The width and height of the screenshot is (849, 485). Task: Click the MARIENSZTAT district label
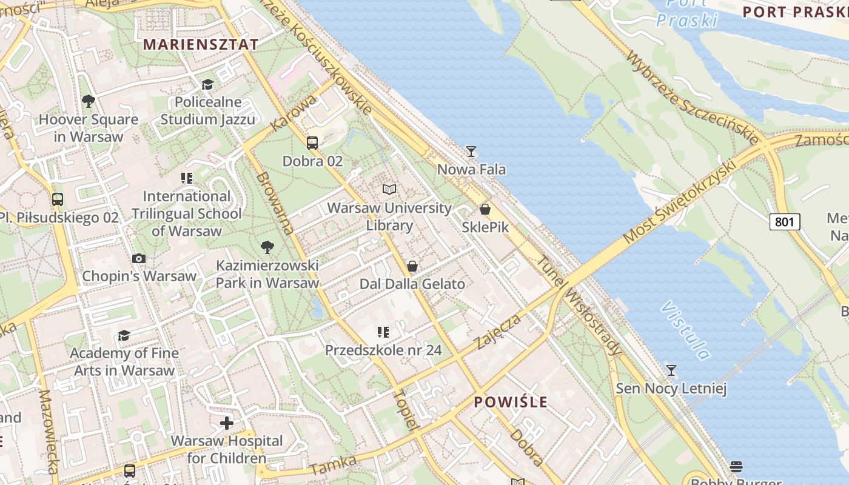(x=201, y=44)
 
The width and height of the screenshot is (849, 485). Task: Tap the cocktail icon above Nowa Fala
(x=471, y=151)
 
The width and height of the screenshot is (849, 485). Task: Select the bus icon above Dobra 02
(x=312, y=143)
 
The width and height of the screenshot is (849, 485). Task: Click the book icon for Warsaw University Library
(x=389, y=189)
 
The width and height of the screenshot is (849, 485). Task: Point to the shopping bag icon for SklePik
(x=485, y=209)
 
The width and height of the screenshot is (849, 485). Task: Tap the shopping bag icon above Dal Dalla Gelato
(x=412, y=266)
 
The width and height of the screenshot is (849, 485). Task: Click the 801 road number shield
(x=785, y=222)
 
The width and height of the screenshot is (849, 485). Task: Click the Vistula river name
(x=685, y=330)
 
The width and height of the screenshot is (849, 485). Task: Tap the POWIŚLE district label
(x=511, y=402)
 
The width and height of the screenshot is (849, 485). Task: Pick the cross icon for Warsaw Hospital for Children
(x=227, y=423)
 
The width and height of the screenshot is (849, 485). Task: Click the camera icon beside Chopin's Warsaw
(x=139, y=259)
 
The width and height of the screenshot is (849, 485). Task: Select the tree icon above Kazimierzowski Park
(x=267, y=247)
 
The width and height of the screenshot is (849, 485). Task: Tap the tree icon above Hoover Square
(x=89, y=101)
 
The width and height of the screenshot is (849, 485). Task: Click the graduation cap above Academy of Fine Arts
(x=124, y=335)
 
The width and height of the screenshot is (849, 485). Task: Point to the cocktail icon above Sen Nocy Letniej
(x=671, y=370)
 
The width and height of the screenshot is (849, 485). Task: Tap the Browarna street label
(x=275, y=203)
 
